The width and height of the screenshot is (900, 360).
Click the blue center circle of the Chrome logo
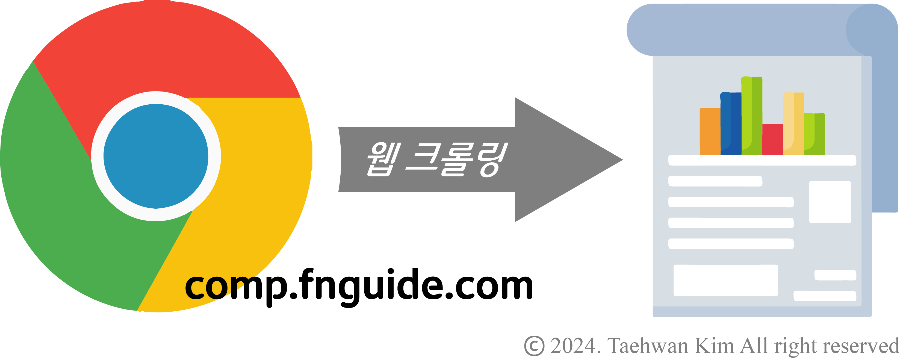(x=156, y=156)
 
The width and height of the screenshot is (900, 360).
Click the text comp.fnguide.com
(x=359, y=286)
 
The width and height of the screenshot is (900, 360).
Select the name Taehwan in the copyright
(x=648, y=346)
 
